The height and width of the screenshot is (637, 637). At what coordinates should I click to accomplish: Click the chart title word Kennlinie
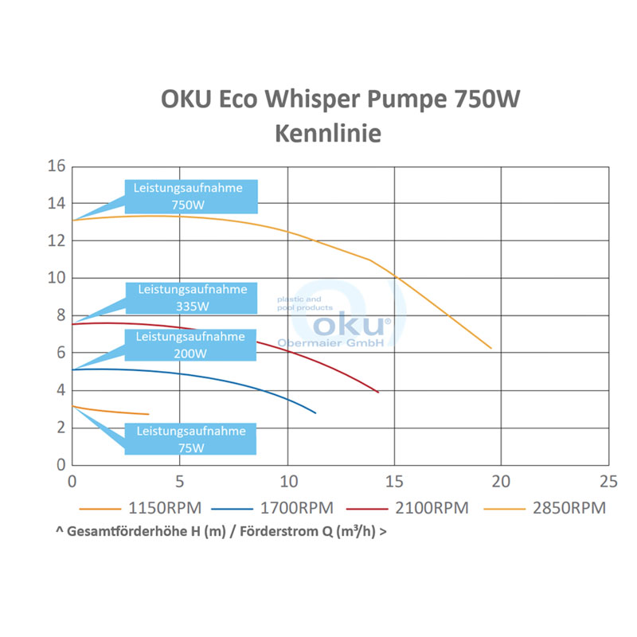[x=328, y=133]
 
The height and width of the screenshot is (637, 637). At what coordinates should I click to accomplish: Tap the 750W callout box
[x=192, y=196]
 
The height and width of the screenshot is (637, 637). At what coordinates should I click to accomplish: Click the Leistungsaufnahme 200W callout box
[x=192, y=345]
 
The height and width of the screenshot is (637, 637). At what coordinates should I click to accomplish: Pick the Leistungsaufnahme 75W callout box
[x=192, y=439]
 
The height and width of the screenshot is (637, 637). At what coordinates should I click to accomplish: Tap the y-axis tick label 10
[x=55, y=278]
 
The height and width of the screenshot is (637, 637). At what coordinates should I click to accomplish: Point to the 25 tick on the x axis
[x=608, y=482]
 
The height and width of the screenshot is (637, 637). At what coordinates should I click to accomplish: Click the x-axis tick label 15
[x=394, y=482]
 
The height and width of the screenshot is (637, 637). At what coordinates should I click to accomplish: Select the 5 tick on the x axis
[x=179, y=482]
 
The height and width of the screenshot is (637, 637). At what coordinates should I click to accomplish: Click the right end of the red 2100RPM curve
[x=378, y=393]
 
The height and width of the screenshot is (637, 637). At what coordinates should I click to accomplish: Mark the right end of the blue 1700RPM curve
[x=315, y=412]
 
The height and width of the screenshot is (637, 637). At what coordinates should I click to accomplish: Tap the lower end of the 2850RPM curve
[x=491, y=348]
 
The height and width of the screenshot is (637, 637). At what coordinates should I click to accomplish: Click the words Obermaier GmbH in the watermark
[x=330, y=342]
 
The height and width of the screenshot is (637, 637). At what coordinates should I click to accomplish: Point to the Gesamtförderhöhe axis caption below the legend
[x=222, y=531]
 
